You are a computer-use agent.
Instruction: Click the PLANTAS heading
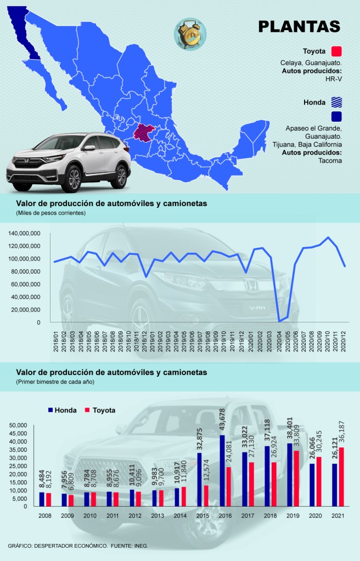[299, 27]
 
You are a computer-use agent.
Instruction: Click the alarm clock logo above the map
[189, 33]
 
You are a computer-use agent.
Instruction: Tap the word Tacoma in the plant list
[330, 161]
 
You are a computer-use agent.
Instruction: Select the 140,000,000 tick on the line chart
[24, 233]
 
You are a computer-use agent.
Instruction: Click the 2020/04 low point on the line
[279, 321]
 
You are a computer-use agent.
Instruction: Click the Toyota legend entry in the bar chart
[99, 410]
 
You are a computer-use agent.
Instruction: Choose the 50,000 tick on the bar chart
[19, 425]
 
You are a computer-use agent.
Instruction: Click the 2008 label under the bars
[44, 515]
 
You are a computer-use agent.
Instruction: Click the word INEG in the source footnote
[140, 546]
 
